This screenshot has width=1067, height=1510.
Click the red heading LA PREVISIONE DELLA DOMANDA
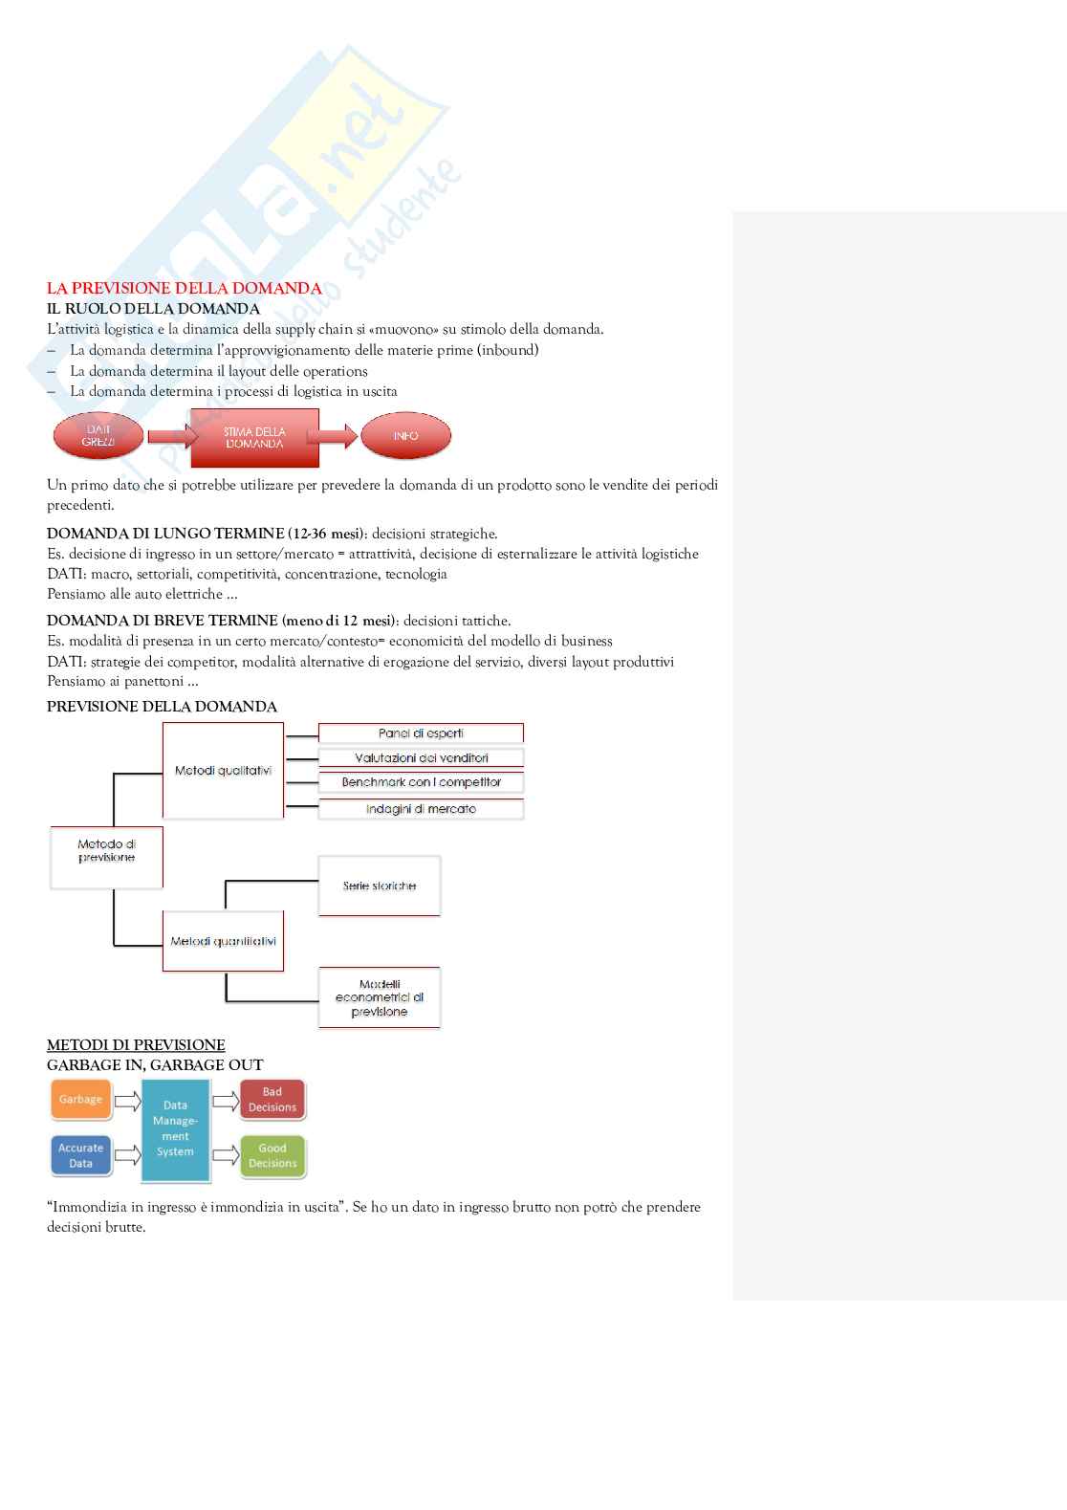pos(184,288)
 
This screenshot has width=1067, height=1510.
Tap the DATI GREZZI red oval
pos(98,436)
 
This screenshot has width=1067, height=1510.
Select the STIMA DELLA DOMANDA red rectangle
pos(254,438)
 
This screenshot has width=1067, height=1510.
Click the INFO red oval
pos(405,436)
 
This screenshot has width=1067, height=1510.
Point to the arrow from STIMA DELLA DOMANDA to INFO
pos(332,437)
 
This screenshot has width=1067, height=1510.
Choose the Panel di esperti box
pos(421,733)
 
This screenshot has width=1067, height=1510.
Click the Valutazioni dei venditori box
pos(421,758)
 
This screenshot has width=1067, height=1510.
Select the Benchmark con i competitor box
pos(421,782)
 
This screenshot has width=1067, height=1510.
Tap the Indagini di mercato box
pos(421,809)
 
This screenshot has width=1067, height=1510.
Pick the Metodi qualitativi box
pos(223,771)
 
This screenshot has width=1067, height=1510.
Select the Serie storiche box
pos(380,886)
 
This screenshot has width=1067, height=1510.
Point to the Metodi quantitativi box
pos(223,942)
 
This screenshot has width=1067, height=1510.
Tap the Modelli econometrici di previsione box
pos(380,997)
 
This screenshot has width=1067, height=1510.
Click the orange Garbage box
pos(80,1100)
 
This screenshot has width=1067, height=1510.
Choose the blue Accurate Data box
pos(80,1155)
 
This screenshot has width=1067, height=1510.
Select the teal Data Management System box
pos(175,1128)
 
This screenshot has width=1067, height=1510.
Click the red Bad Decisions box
pos(272,1100)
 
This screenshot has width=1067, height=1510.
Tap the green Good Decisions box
pos(272,1155)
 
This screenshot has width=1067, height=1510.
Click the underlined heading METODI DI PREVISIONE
pos(136,1044)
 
